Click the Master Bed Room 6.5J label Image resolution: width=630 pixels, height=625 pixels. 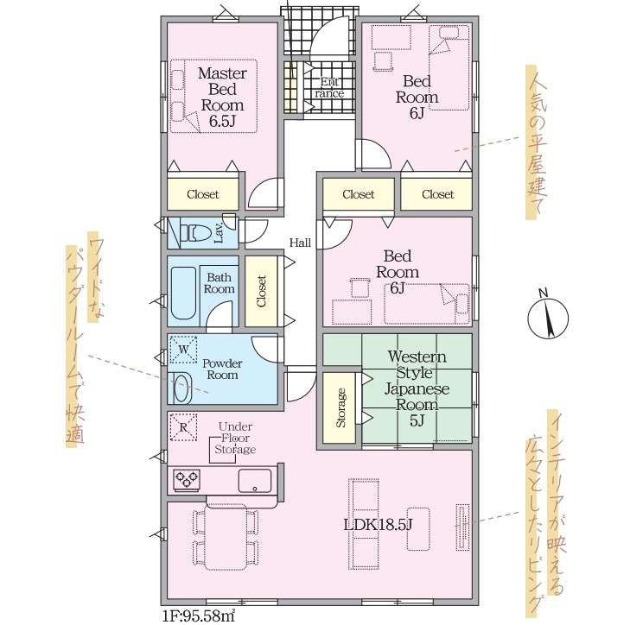[222, 97]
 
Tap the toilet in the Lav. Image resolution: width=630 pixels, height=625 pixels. [194, 233]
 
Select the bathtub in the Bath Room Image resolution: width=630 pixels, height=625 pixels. [183, 293]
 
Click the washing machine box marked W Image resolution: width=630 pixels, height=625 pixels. [183, 350]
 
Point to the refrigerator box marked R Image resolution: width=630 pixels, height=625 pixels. [183, 427]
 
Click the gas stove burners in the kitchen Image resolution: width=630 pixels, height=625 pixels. [187, 479]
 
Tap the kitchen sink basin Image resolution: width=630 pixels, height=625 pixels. [254, 481]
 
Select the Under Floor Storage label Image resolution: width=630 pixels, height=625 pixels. [235, 438]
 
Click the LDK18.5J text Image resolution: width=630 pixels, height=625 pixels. [378, 524]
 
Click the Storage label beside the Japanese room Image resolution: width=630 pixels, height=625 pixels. [340, 407]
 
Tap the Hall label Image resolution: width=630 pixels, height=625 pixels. [300, 243]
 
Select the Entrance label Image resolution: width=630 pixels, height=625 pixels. [329, 88]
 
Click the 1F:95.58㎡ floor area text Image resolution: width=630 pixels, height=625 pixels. [199, 616]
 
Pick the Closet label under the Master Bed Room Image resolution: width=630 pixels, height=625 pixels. [203, 194]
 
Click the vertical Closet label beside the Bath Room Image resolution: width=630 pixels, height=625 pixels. [261, 291]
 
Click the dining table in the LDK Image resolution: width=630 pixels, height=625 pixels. [226, 537]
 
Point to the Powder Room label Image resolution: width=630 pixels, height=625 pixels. [222, 369]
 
